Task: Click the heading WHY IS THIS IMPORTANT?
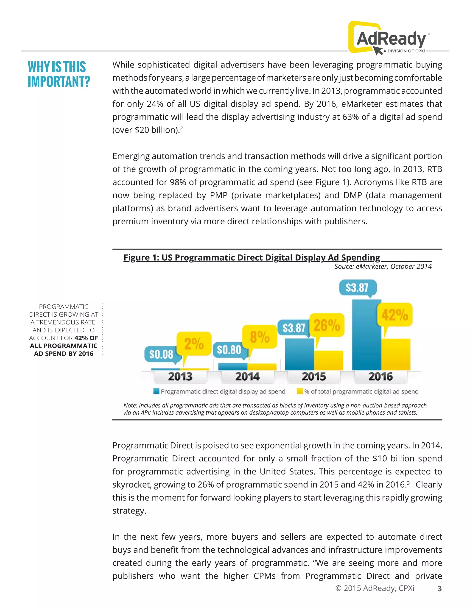(59, 74)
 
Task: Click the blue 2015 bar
(299, 354)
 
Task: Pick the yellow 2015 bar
(329, 360)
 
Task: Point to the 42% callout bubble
(394, 315)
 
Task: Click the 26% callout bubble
(327, 325)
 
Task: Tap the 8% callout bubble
(260, 337)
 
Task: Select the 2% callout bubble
(194, 343)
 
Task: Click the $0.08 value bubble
(161, 354)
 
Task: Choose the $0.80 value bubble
(229, 350)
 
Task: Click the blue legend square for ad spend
(157, 391)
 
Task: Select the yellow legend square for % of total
(299, 391)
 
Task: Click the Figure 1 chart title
(252, 257)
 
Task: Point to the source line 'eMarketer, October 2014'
(383, 266)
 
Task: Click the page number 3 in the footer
(439, 588)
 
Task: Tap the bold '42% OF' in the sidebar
(86, 338)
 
